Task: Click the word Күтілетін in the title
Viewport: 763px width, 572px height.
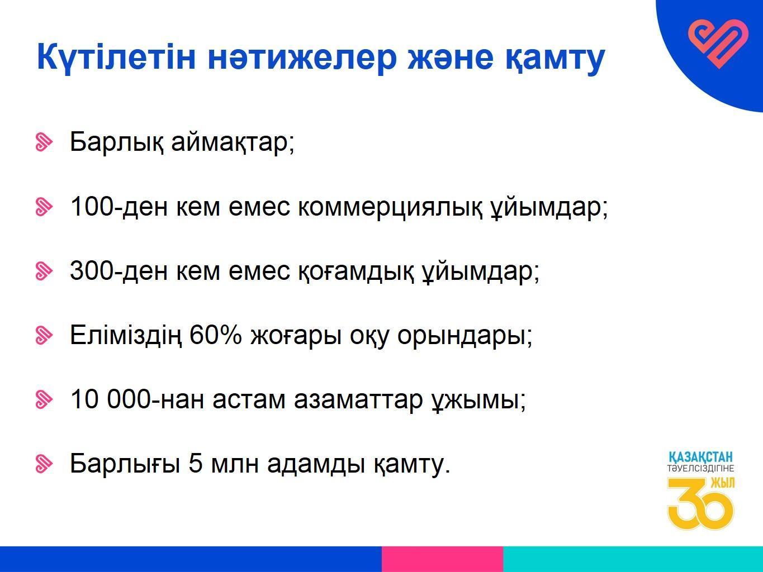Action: point(116,58)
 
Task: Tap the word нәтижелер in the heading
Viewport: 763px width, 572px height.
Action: point(302,58)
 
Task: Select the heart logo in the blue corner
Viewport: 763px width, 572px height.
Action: point(718,44)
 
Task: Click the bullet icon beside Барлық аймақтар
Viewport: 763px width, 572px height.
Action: point(44,142)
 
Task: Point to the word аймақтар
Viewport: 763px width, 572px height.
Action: point(233,142)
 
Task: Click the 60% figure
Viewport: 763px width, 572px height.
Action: point(215,335)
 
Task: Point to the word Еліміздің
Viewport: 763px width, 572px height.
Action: point(125,336)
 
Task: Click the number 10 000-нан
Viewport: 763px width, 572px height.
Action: point(137,399)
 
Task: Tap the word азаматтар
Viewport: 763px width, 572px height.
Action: point(358,400)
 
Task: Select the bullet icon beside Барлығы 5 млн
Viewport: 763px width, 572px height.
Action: point(44,464)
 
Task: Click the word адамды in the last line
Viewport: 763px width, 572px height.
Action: point(316,464)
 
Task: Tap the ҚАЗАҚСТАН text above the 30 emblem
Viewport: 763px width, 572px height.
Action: point(700,457)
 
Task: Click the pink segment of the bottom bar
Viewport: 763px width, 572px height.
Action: point(442,559)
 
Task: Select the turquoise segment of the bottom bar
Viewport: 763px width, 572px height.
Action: point(633,559)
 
